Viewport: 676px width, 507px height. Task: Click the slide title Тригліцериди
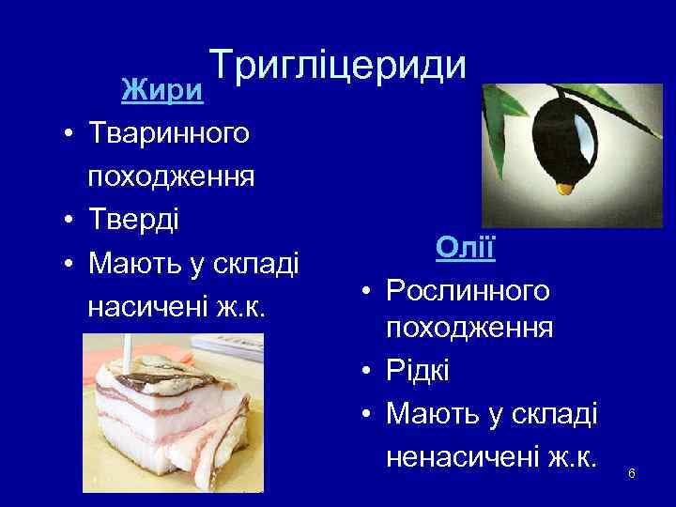tap(337, 65)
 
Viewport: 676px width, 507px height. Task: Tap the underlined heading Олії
tap(466, 249)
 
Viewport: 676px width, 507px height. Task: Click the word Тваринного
tap(169, 133)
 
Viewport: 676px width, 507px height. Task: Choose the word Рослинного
tap(469, 291)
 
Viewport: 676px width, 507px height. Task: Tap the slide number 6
tap(632, 472)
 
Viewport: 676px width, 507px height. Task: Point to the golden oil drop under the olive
tap(563, 190)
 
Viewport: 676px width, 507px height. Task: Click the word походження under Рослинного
tap(469, 330)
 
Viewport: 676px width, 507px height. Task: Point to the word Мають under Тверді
tap(132, 264)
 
